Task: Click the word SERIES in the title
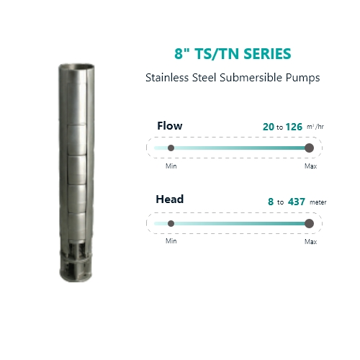click(267, 53)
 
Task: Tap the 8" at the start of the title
click(181, 53)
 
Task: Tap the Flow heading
click(170, 126)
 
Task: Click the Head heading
click(170, 199)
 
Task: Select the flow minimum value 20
click(269, 127)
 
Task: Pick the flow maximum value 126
click(294, 127)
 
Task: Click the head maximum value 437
click(297, 202)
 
